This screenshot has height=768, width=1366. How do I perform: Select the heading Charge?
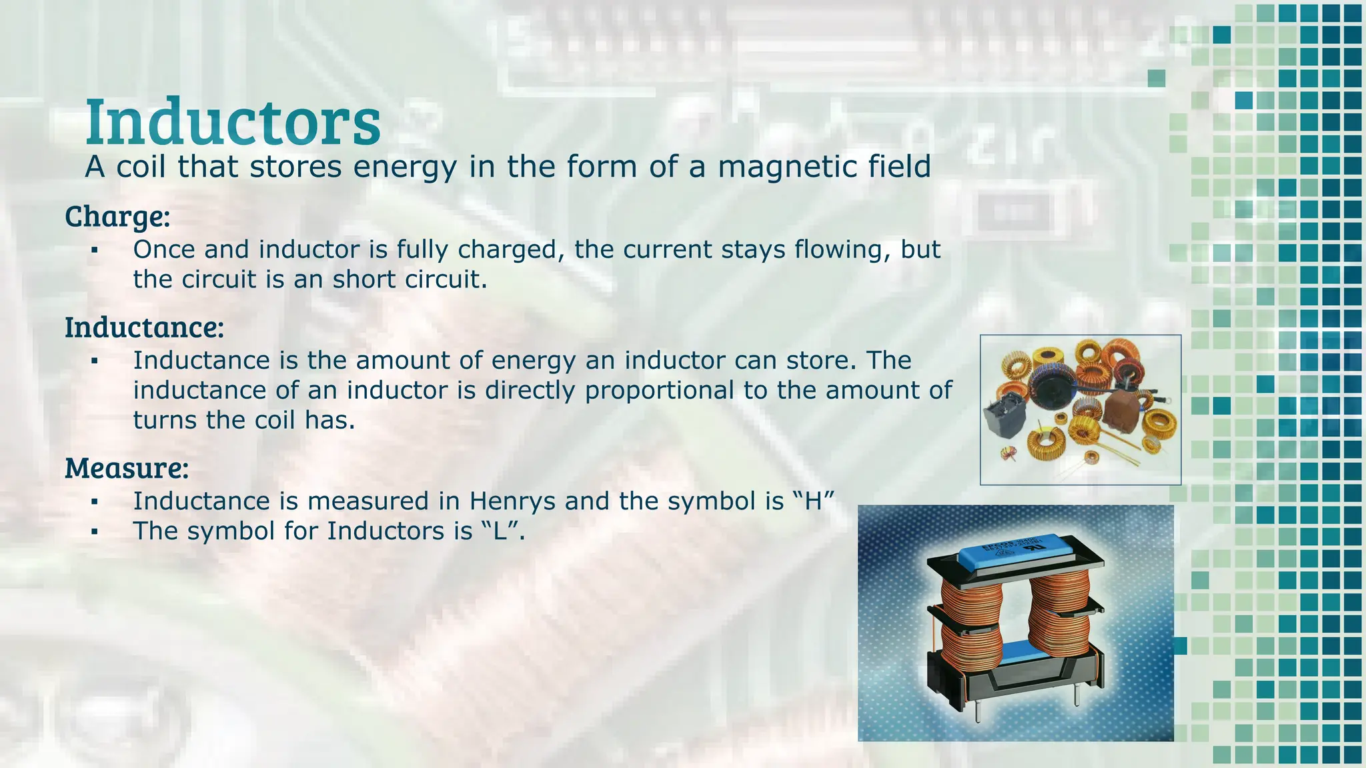tap(117, 216)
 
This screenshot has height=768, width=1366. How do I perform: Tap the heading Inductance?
tap(144, 327)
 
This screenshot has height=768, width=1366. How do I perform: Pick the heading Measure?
tap(127, 468)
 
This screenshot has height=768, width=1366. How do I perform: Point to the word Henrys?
tap(513, 501)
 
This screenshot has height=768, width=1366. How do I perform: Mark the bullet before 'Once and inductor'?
tap(95, 250)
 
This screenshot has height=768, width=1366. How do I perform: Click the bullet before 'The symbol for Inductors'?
tap(95, 531)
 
